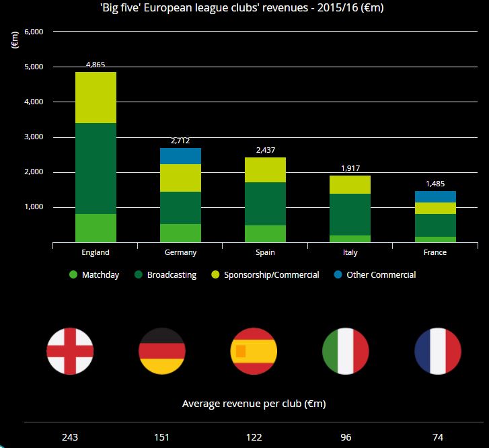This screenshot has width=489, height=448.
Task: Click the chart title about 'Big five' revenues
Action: click(244, 7)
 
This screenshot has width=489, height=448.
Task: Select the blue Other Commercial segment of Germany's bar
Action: click(181, 156)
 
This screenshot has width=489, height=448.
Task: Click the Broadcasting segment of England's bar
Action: click(96, 168)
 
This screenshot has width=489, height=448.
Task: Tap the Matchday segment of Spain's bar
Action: click(265, 233)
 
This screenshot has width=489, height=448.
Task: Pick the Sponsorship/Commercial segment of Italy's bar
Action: click(350, 185)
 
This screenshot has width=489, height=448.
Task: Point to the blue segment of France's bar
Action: click(435, 196)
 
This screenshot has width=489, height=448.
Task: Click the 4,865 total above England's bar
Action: click(96, 65)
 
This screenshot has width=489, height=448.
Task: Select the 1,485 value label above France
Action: click(435, 184)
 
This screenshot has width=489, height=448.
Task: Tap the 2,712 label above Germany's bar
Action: click(181, 141)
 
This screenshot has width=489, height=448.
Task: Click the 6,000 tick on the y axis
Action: click(34, 32)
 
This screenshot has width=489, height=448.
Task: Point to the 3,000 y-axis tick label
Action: click(34, 137)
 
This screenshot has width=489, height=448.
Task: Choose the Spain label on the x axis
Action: click(265, 253)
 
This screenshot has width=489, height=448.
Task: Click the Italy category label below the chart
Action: click(350, 253)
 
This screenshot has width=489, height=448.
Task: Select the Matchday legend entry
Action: click(93, 274)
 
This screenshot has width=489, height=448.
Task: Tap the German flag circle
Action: click(161, 351)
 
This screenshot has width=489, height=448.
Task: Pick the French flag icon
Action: click(438, 351)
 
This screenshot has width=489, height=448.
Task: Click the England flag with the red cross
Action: click(70, 351)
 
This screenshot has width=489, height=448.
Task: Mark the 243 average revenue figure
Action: click(70, 437)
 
